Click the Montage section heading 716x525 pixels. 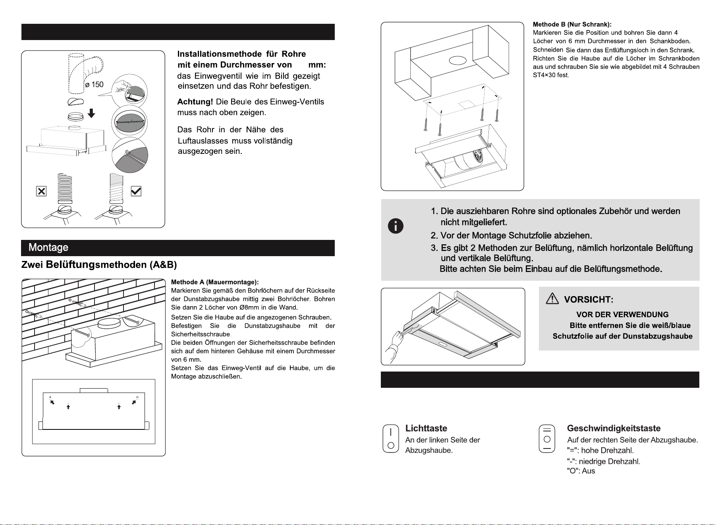[x=48, y=247]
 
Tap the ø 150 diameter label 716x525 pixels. [x=94, y=84]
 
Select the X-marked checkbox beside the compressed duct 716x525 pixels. [x=41, y=191]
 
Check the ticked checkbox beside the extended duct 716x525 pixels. [x=136, y=191]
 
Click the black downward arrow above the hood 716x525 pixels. [x=91, y=113]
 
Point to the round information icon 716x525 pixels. [x=396, y=226]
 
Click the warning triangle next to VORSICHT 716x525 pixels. [x=552, y=299]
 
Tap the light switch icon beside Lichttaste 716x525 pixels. [x=391, y=439]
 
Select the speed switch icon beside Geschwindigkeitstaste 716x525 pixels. [x=547, y=439]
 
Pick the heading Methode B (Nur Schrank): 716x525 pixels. [x=572, y=25]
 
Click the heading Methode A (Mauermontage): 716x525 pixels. [x=215, y=282]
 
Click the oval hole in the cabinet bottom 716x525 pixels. [x=457, y=61]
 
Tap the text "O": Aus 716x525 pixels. [x=581, y=471]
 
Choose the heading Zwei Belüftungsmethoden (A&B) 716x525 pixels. [x=99, y=265]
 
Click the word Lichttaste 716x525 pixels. [x=426, y=428]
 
